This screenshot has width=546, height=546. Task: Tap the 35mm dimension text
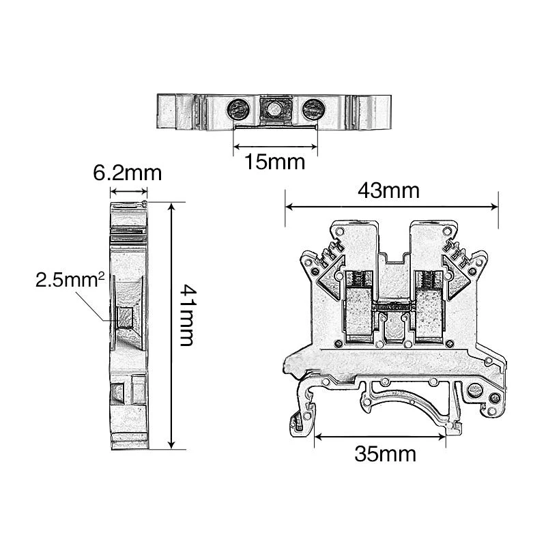click(x=384, y=454)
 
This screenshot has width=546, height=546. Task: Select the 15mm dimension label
click(x=276, y=162)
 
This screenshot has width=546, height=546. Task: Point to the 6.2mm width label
click(x=128, y=173)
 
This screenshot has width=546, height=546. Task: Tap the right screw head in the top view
click(x=313, y=107)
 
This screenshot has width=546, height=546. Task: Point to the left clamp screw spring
click(x=356, y=279)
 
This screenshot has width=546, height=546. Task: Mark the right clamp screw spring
click(x=428, y=279)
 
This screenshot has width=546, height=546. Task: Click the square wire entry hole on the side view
click(x=125, y=316)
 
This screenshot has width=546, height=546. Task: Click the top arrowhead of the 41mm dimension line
click(x=171, y=205)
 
